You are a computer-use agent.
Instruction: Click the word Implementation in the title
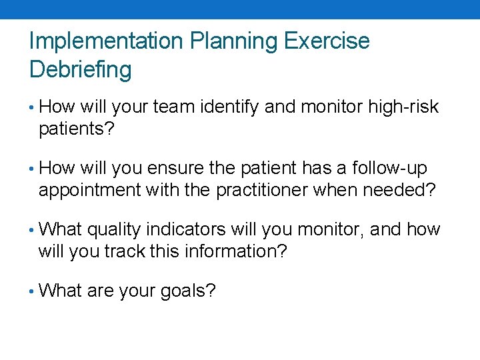(x=107, y=41)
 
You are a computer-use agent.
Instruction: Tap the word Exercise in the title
(x=327, y=41)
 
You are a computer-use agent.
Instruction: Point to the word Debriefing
(x=81, y=69)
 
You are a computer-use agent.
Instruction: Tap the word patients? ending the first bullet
(x=77, y=129)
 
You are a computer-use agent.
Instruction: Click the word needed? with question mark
(x=399, y=190)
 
